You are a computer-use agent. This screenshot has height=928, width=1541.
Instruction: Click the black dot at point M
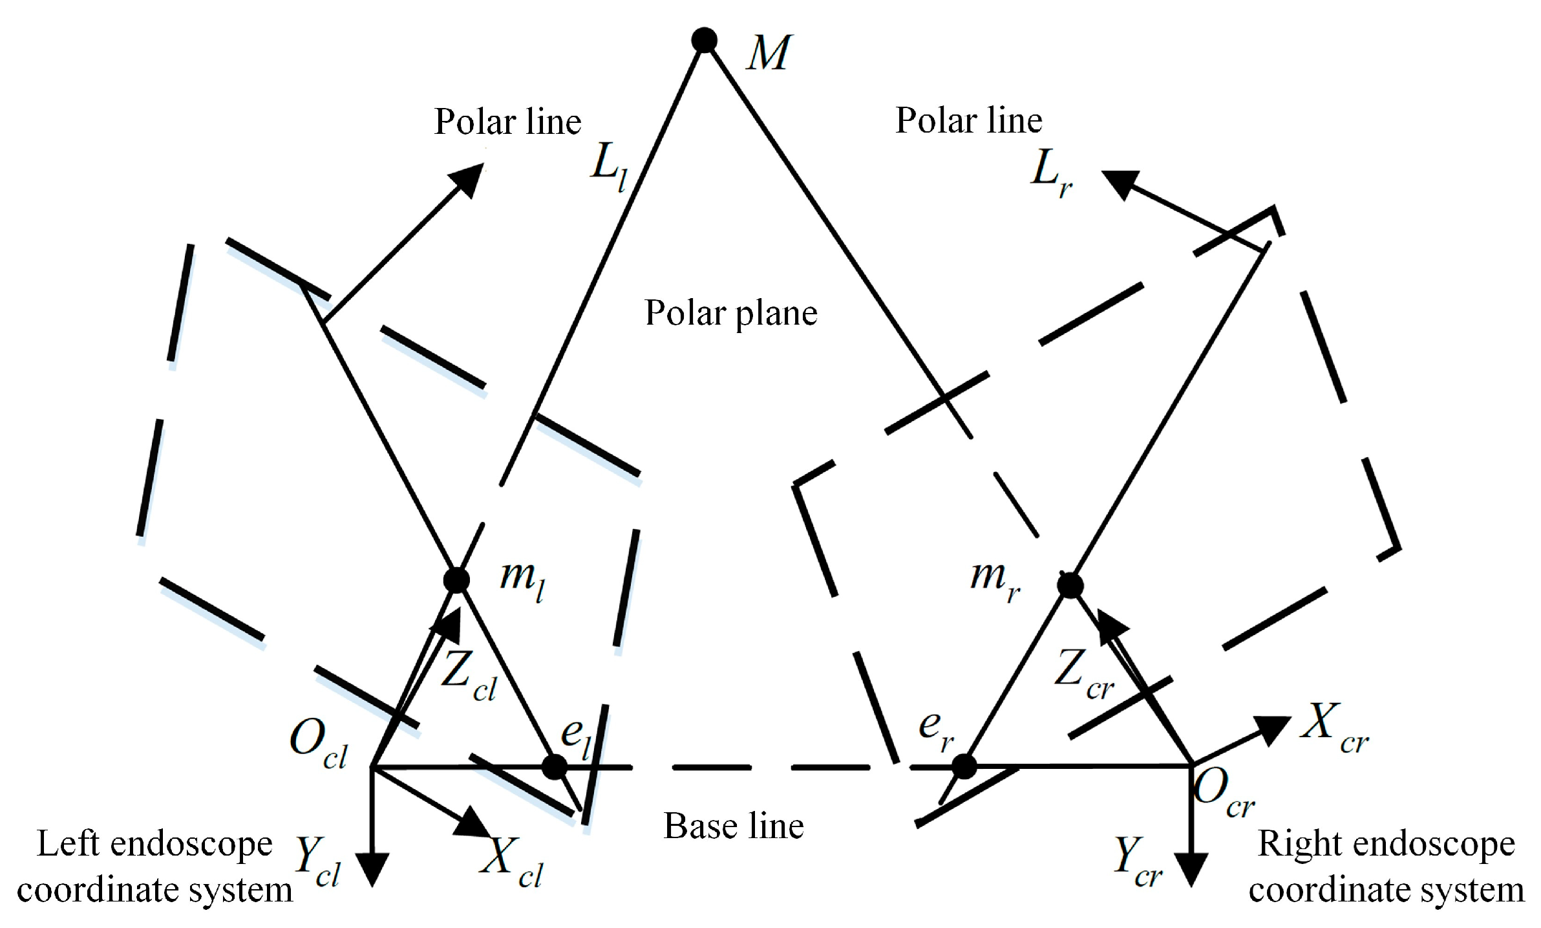pos(704,40)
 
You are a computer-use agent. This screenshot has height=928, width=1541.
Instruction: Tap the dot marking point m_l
pos(456,580)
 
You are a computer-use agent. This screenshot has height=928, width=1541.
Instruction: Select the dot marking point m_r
pos(1070,586)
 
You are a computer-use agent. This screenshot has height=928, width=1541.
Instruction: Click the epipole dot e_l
pos(554,767)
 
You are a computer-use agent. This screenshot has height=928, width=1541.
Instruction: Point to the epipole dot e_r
pos(964,767)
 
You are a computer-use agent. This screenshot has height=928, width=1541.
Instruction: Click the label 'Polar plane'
pos(731,314)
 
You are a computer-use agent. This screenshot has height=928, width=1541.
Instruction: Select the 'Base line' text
pos(734,826)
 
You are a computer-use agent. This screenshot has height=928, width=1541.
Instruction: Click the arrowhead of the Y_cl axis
pos(372,870)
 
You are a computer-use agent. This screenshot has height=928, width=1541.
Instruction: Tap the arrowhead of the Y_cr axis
pos(1191,870)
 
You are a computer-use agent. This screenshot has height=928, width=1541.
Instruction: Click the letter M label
pos(768,53)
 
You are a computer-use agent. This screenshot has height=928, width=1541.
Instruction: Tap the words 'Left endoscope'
pos(155,845)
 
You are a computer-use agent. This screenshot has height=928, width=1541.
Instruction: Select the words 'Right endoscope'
pos(1386,845)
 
